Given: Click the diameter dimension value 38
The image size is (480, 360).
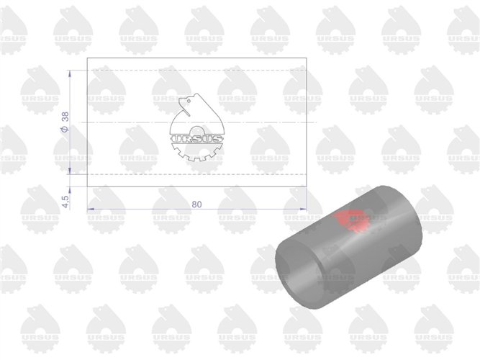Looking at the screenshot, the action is (x=65, y=117).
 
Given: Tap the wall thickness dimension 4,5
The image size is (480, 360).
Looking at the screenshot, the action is (x=65, y=202).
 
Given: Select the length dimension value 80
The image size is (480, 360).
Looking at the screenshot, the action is (x=197, y=204).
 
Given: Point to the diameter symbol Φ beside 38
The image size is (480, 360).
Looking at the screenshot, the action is (x=65, y=129).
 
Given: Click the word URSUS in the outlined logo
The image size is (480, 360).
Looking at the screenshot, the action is (x=197, y=139).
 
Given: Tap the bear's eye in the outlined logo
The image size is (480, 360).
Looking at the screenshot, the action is (x=189, y=101).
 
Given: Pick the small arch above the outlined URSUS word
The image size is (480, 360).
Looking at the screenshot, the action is (x=197, y=130).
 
